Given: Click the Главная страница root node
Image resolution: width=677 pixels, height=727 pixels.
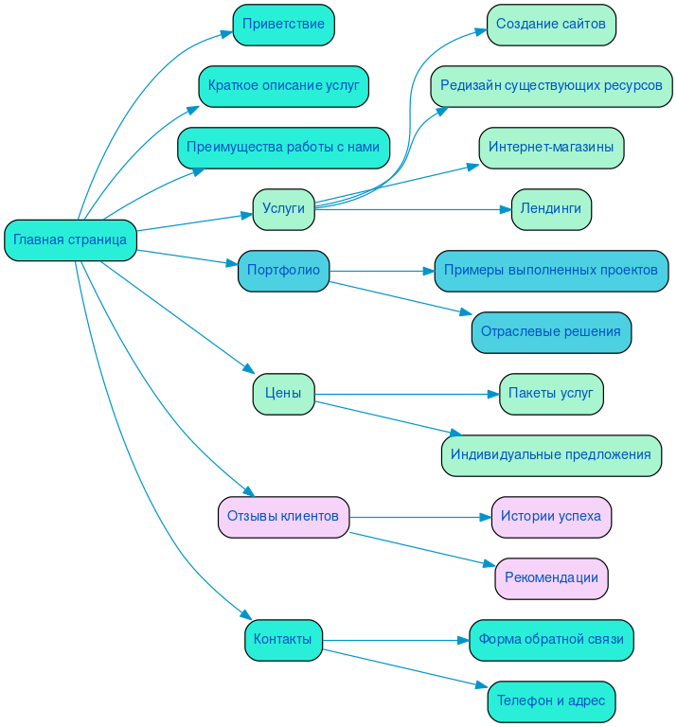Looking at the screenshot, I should click(70, 239).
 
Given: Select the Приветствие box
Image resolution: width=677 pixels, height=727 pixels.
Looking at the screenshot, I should click(283, 25).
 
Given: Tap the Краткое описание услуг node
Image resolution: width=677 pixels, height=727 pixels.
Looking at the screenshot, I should click(283, 86).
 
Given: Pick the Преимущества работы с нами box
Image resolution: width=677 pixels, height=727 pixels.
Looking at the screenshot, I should click(283, 148).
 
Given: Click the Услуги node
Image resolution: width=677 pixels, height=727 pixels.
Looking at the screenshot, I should click(283, 209).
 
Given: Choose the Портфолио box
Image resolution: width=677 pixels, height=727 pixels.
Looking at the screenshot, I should click(283, 271).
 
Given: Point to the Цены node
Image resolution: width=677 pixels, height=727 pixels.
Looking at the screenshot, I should click(283, 394).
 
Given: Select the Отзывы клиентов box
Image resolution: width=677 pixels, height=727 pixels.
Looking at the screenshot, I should click(283, 517).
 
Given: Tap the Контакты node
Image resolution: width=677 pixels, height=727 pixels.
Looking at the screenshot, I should click(283, 640).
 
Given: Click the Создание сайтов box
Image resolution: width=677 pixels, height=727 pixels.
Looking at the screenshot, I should click(551, 25).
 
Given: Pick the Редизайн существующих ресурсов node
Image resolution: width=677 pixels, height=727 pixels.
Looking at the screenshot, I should click(551, 86).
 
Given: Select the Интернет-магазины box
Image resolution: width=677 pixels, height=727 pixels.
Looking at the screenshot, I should click(551, 148).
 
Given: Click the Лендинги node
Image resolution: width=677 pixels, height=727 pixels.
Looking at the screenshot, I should click(551, 209).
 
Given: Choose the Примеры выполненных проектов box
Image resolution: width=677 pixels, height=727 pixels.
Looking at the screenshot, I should click(551, 271).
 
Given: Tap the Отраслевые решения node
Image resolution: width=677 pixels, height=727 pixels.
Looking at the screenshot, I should click(551, 332).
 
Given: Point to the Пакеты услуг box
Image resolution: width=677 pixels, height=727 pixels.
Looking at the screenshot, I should click(551, 394).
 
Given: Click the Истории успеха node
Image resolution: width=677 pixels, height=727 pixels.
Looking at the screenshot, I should click(551, 517).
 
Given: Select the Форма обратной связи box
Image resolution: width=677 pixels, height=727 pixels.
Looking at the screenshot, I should click(551, 640).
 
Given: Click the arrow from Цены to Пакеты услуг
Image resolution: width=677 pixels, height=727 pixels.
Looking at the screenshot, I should click(407, 394).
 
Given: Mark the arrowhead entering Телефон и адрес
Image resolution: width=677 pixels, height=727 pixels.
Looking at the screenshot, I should click(482, 686).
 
